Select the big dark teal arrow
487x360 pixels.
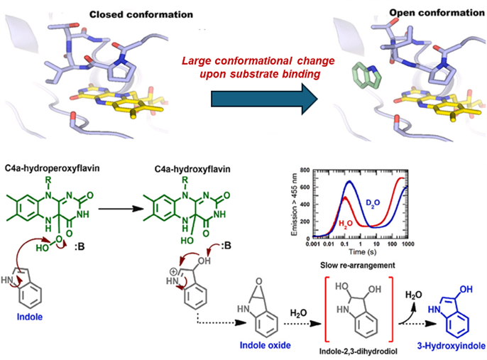(x=262, y=98)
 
